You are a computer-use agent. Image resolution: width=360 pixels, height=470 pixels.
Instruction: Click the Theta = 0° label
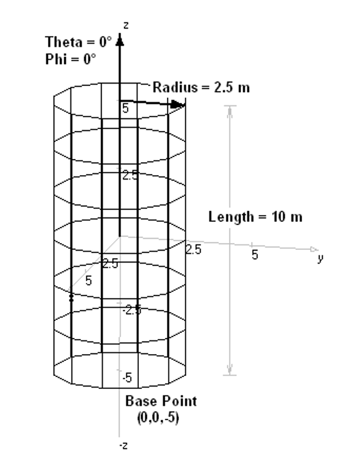pyautogui.click(x=78, y=42)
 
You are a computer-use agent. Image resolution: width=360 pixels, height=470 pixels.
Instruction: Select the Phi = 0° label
pyautogui.click(x=70, y=59)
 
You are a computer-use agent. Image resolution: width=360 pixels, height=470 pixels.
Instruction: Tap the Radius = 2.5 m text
pyautogui.click(x=201, y=87)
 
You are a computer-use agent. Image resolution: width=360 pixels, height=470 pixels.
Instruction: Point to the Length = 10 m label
pyautogui.click(x=255, y=217)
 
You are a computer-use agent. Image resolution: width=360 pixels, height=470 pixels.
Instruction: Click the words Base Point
pyautogui.click(x=161, y=401)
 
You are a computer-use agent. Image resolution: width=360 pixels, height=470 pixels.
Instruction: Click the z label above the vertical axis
pyautogui.click(x=126, y=26)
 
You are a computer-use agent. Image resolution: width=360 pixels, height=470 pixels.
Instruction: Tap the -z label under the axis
pyautogui.click(x=123, y=446)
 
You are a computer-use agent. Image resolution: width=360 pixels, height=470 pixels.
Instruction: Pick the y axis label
pyautogui.click(x=321, y=258)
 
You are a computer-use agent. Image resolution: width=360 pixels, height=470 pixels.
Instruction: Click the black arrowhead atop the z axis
pyautogui.click(x=120, y=39)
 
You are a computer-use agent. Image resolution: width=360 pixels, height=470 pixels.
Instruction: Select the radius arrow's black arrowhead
pyautogui.click(x=178, y=105)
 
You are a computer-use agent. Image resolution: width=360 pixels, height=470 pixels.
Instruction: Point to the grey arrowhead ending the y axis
pyautogui.click(x=314, y=249)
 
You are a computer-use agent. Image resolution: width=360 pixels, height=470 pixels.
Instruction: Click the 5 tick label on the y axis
pyautogui.click(x=255, y=255)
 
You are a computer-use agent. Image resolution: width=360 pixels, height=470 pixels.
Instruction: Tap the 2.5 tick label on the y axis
pyautogui.click(x=194, y=249)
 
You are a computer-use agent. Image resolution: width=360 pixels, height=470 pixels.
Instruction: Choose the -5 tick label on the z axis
pyautogui.click(x=127, y=377)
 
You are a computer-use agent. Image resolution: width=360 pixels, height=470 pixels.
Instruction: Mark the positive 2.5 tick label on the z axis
pyautogui.click(x=131, y=175)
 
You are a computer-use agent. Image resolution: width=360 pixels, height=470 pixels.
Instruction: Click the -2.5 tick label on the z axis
pyautogui.click(x=132, y=310)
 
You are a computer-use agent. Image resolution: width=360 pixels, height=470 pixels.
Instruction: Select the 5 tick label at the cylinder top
pyautogui.click(x=125, y=108)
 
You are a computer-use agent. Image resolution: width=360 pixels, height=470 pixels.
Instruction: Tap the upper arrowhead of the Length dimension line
pyautogui.click(x=230, y=111)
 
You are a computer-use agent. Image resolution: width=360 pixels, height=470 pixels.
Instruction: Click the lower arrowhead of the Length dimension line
pyautogui.click(x=230, y=369)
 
